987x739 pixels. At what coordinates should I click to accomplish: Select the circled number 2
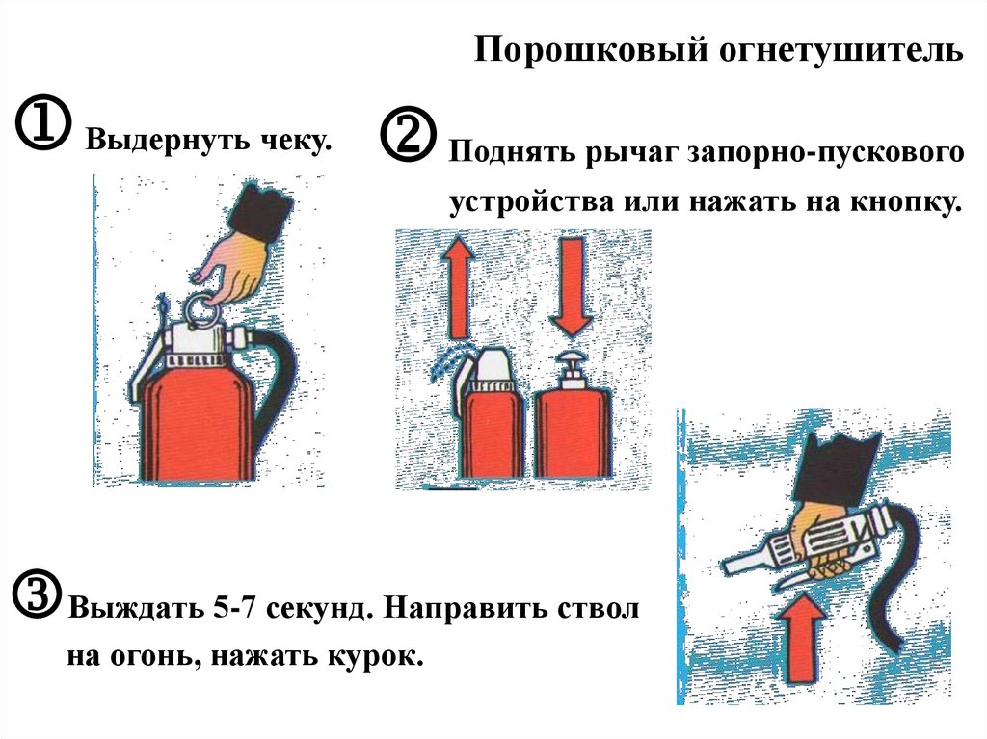pyautogui.click(x=409, y=134)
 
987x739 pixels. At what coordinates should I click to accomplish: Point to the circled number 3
pyautogui.click(x=38, y=594)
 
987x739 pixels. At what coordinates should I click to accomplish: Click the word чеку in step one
pyautogui.click(x=295, y=139)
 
